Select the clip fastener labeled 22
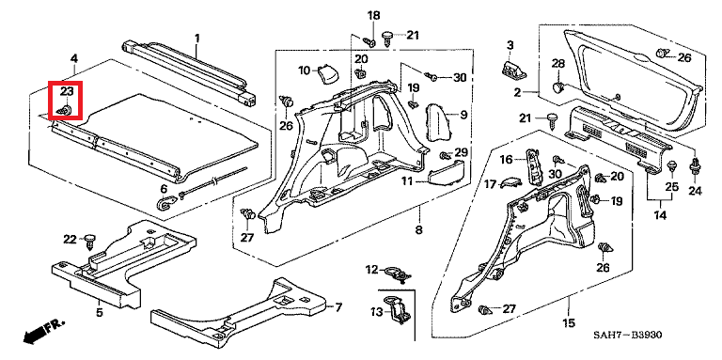coord(91,241)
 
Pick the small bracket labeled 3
coord(512,69)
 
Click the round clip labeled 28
coord(557,86)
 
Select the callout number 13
coord(377,312)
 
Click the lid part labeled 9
coord(437,122)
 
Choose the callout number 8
coord(419,229)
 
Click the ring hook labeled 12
coord(397,273)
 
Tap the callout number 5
coord(100,314)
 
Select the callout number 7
coord(338,307)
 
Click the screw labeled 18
coord(369,41)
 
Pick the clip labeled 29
coord(446,155)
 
